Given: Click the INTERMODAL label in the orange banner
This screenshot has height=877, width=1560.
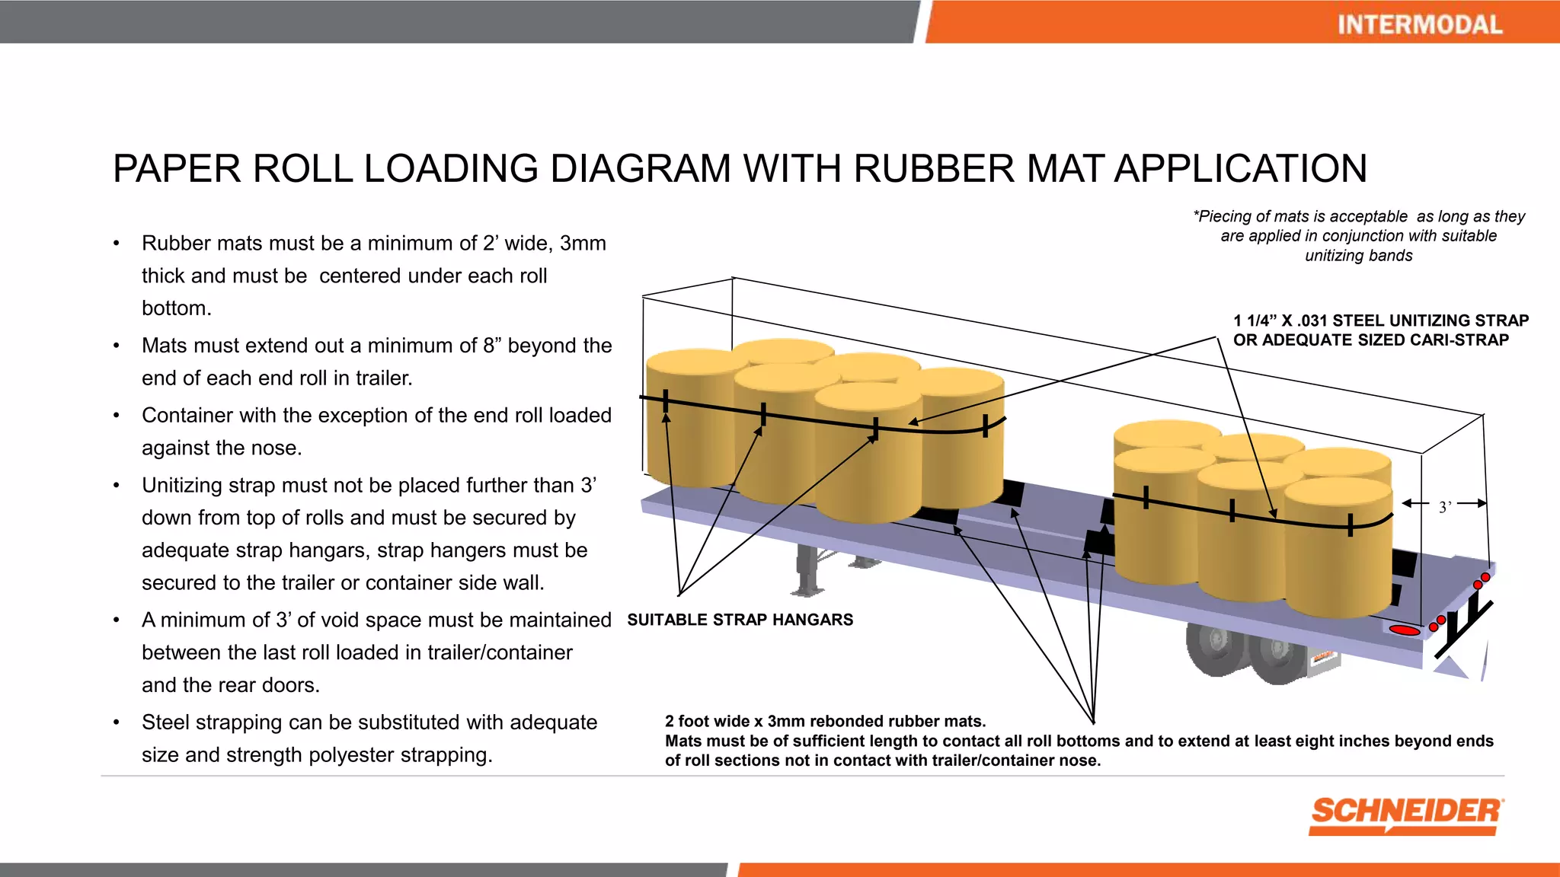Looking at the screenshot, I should (x=1420, y=24).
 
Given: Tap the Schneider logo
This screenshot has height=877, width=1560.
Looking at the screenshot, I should (x=1406, y=815).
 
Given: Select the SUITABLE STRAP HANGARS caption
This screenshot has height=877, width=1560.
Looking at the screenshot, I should (x=740, y=620).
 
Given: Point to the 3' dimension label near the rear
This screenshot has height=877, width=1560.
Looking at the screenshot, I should (x=1445, y=507).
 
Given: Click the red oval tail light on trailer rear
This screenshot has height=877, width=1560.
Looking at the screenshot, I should (x=1405, y=630).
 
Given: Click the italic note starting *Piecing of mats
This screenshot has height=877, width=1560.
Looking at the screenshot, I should (x=1358, y=236).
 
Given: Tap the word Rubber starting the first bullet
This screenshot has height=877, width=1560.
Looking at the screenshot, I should (x=177, y=244).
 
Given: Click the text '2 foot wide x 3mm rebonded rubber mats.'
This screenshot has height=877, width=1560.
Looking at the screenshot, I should (x=825, y=721).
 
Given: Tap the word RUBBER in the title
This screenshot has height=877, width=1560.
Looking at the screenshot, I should (x=934, y=168).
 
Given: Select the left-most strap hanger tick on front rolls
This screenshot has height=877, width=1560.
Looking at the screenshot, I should (x=666, y=401).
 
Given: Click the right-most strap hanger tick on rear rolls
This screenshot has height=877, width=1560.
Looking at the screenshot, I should (x=1351, y=525).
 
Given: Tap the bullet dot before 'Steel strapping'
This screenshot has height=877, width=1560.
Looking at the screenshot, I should (x=117, y=722).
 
